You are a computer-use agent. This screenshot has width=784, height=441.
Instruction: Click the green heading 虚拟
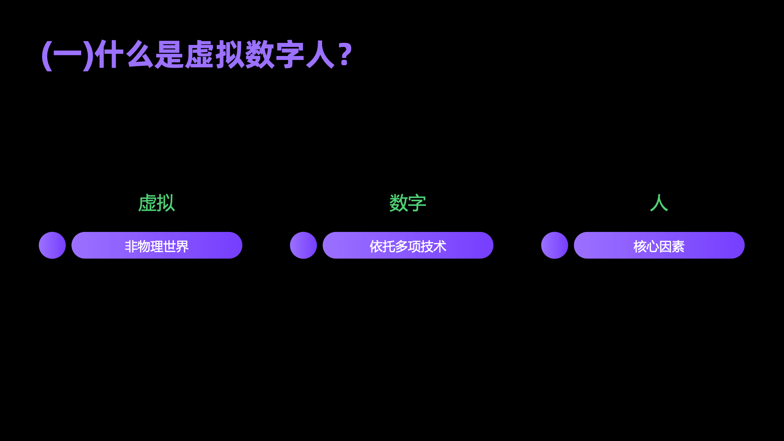pyautogui.click(x=156, y=203)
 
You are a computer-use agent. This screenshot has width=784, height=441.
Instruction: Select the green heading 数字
pyautogui.click(x=408, y=203)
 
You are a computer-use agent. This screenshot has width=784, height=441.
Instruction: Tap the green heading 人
pyautogui.click(x=659, y=203)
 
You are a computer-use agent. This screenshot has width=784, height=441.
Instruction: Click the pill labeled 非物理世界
pyautogui.click(x=157, y=245)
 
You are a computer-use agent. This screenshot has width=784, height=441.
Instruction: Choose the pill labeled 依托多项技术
pyautogui.click(x=408, y=245)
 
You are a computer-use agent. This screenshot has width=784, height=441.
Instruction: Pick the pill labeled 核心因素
pyautogui.click(x=659, y=245)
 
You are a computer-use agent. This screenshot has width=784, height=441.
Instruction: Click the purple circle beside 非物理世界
pyautogui.click(x=52, y=245)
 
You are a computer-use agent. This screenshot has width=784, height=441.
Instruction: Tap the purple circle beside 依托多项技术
pyautogui.click(x=303, y=245)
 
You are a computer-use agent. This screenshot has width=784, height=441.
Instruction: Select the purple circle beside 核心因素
pyautogui.click(x=555, y=245)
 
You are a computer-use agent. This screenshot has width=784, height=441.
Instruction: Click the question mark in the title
pyautogui.click(x=345, y=55)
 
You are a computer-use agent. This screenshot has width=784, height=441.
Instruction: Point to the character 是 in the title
pyautogui.click(x=169, y=55)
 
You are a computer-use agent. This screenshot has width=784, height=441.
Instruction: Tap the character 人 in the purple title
pyautogui.click(x=320, y=55)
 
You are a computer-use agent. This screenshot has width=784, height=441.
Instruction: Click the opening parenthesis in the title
pyautogui.click(x=47, y=56)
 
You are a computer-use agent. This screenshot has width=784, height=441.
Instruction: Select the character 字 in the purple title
pyautogui.click(x=290, y=55)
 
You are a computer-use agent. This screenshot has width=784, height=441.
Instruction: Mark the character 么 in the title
pyautogui.click(x=140, y=55)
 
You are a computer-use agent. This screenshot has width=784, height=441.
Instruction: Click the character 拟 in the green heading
pyautogui.click(x=166, y=203)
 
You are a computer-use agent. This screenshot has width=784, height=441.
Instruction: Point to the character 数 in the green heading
pyautogui.click(x=399, y=203)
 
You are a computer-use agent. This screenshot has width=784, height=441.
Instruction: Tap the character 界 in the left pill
pyautogui.click(x=182, y=247)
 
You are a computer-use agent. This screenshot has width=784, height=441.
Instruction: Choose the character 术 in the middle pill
pyautogui.click(x=440, y=247)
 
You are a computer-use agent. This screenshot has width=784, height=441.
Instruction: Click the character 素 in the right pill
pyautogui.click(x=678, y=247)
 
